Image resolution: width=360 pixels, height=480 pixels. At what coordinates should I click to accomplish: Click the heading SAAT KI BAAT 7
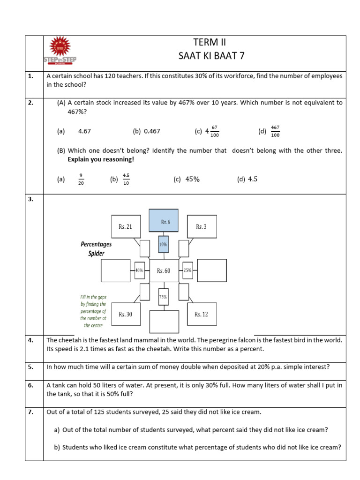pyautogui.click(x=212, y=56)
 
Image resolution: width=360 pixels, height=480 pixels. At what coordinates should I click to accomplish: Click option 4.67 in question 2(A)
pyautogui.click(x=84, y=131)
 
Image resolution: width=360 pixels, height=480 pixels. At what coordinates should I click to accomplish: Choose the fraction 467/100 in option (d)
pyautogui.click(x=275, y=132)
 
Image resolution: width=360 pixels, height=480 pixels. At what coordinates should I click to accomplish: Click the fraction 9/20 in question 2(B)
pyautogui.click(x=81, y=180)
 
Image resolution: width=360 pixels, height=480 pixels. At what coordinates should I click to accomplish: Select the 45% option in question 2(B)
pyautogui.click(x=192, y=179)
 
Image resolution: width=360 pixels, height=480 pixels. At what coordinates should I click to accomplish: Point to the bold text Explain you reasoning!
pyautogui.click(x=101, y=159)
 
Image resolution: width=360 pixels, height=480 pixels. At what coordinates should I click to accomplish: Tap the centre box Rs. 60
pyautogui.click(x=164, y=270)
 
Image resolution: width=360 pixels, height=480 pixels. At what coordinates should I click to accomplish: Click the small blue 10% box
pyautogui.click(x=163, y=244)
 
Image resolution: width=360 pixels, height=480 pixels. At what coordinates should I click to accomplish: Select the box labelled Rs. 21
pyautogui.click(x=126, y=227)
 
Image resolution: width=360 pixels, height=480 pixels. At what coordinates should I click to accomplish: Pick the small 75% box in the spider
pyautogui.click(x=163, y=296)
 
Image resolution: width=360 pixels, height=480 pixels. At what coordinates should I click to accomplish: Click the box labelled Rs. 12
pyautogui.click(x=202, y=314)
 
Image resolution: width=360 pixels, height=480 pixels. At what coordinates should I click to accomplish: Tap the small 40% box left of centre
pyautogui.click(x=139, y=270)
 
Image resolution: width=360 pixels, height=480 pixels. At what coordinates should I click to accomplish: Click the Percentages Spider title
pyautogui.click(x=96, y=249)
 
